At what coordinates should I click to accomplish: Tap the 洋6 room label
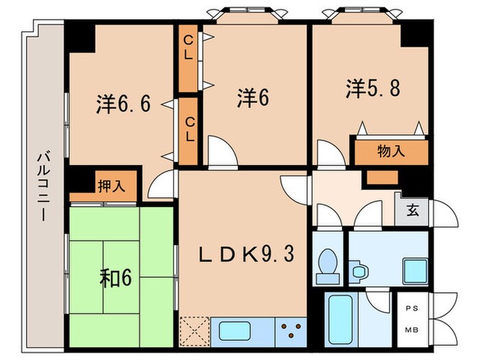(x=252, y=97)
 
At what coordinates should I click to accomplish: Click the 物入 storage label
(x=391, y=151)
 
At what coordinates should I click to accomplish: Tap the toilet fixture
(x=326, y=264)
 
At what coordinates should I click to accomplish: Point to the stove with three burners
(x=291, y=331)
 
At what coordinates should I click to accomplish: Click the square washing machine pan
(x=413, y=271)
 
